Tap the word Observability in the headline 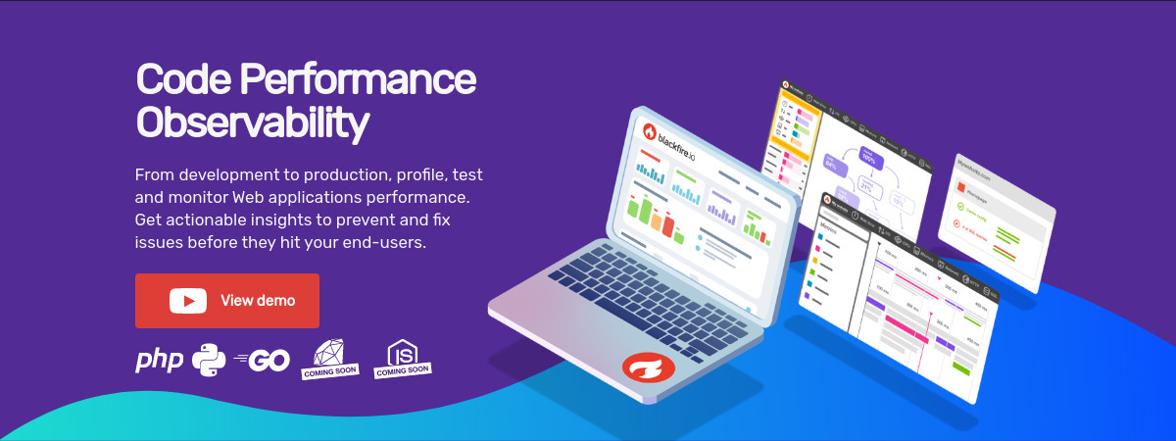[252, 123]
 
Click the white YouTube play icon [187, 301]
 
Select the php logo [159, 361]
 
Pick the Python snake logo [209, 361]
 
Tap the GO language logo [262, 361]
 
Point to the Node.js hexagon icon [401, 352]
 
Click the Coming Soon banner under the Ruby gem [330, 371]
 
